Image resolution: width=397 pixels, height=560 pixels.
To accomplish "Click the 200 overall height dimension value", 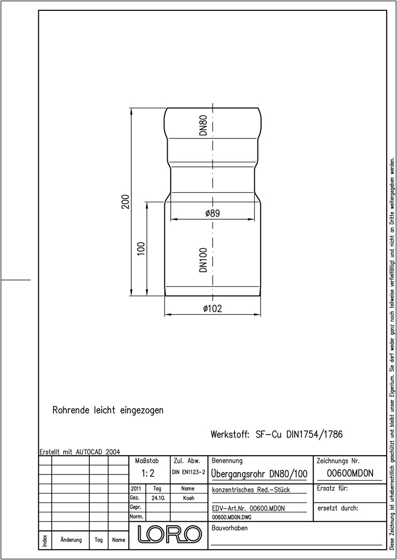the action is [125, 202].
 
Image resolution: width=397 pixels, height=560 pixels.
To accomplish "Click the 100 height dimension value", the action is [141, 248].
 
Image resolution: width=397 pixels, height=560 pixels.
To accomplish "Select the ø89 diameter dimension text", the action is [213, 213].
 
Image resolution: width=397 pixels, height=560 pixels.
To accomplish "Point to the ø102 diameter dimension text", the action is [212, 308].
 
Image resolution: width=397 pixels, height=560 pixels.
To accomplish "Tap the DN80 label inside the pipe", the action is [203, 124].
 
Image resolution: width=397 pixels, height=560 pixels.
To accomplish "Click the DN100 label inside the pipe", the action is [203, 260].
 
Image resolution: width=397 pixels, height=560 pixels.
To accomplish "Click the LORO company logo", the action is [170, 534].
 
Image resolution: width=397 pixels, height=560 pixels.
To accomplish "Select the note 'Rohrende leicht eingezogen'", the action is [108, 410].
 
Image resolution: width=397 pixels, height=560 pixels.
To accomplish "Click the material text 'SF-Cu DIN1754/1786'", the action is [299, 435].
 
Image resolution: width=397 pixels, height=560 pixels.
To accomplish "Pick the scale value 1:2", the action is [147, 473].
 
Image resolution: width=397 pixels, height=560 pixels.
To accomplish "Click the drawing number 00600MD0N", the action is [350, 473].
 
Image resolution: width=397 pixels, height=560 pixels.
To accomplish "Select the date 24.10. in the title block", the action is [158, 498].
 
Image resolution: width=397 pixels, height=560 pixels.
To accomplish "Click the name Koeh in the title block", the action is [188, 498].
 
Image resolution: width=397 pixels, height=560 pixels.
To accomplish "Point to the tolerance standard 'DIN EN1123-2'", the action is [188, 472].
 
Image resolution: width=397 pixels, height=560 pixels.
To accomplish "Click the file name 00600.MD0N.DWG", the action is [231, 517].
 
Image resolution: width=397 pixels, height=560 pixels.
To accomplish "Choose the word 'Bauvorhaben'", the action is [229, 528].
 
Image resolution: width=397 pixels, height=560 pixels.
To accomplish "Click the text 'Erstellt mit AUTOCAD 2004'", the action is [79, 452].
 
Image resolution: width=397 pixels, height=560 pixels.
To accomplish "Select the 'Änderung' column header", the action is [71, 540].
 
